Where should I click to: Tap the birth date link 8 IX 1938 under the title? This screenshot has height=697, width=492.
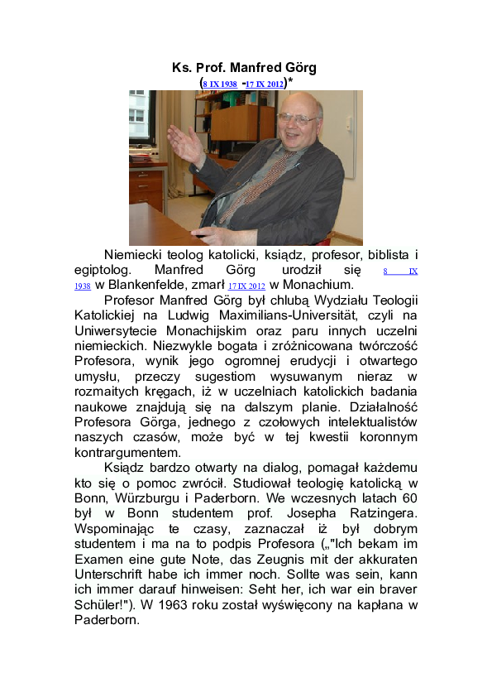point(219,84)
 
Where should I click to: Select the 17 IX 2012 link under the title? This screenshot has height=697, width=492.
point(265,84)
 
